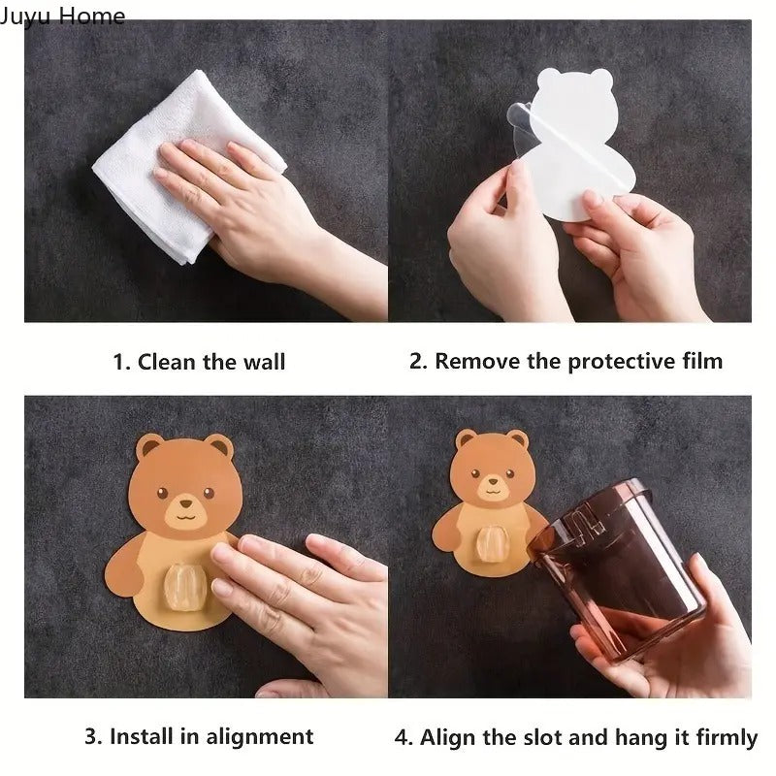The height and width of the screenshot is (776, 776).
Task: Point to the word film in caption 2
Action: (700, 362)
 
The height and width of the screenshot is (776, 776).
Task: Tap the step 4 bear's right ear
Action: (517, 442)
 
